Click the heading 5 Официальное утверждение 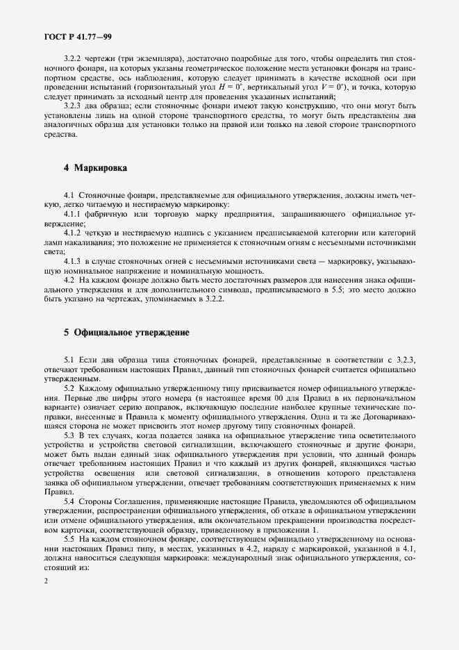coord(127,333)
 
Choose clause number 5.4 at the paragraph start coord(69,501)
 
